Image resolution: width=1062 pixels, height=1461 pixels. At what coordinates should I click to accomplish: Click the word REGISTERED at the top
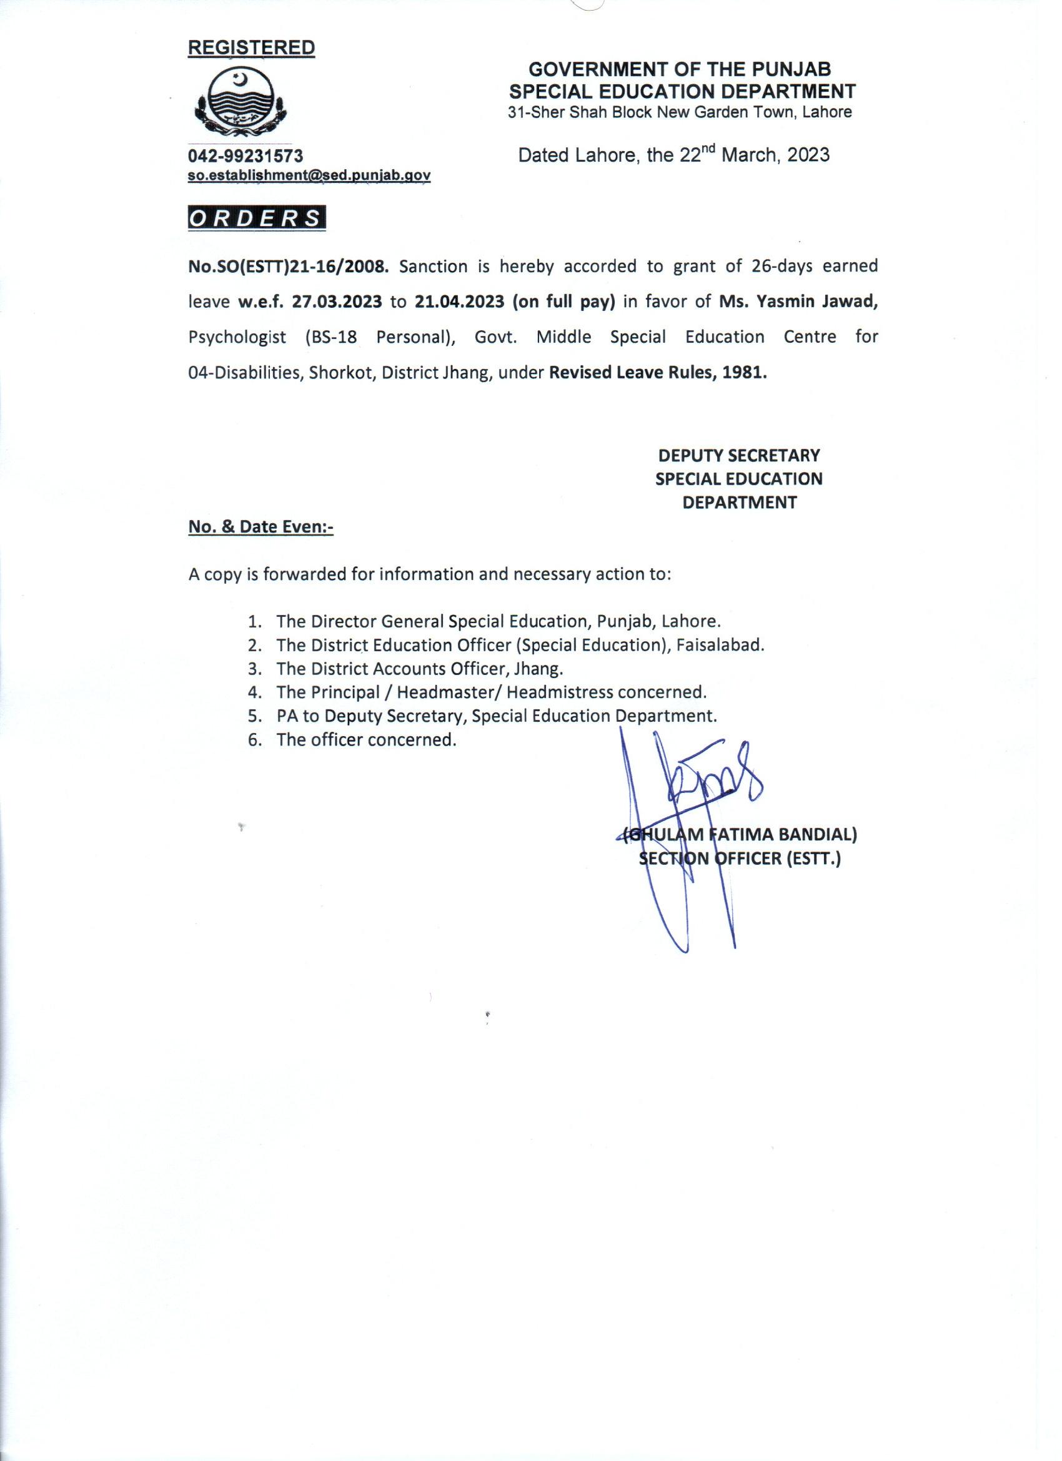(251, 47)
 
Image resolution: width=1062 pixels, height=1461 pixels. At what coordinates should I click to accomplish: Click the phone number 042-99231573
(246, 156)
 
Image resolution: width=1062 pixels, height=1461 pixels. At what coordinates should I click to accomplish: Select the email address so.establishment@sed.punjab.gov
(309, 175)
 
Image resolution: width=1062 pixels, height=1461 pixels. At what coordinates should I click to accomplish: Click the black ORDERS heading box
(257, 219)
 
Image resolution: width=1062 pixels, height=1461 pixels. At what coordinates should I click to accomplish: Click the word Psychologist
(237, 338)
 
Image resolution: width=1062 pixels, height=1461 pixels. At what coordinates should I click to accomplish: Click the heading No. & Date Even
(261, 526)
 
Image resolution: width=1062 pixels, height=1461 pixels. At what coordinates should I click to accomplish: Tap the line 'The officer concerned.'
(366, 739)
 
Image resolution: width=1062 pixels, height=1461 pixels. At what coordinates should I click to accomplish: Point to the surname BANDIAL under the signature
(818, 835)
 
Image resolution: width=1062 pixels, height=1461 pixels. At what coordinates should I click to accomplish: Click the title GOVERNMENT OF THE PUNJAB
(679, 69)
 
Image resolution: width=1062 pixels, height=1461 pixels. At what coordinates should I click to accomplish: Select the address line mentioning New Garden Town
(679, 112)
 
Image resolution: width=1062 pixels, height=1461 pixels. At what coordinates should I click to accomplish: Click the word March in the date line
(747, 155)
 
